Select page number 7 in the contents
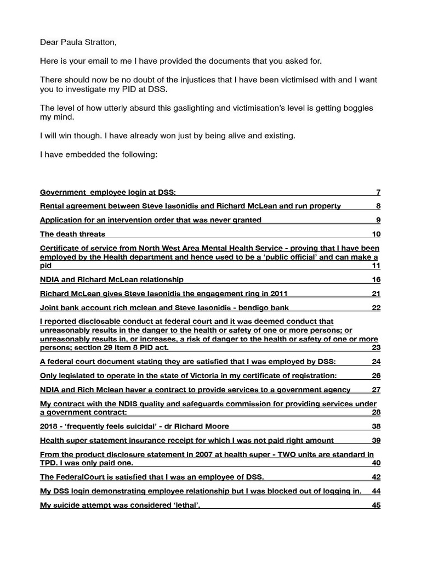[x=378, y=192]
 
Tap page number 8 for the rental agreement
[x=378, y=206]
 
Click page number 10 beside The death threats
[x=376, y=234]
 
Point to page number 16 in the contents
[x=376, y=279]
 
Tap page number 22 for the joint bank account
[x=376, y=308]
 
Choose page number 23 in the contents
[x=376, y=347]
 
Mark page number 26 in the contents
[x=376, y=375]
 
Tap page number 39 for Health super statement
[x=376, y=440]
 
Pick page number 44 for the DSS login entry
[x=376, y=491]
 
